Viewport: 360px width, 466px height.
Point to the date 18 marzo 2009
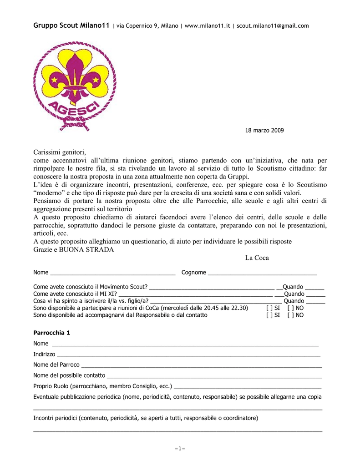pyautogui.click(x=264, y=131)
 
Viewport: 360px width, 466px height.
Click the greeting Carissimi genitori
pyautogui.click(x=60, y=152)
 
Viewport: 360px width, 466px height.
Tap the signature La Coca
pyautogui.click(x=257, y=258)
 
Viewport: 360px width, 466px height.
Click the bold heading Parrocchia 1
pyautogui.click(x=51, y=333)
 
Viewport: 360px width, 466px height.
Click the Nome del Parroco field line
pyautogui.click(x=201, y=366)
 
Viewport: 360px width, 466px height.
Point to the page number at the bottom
pyautogui.click(x=180, y=449)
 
